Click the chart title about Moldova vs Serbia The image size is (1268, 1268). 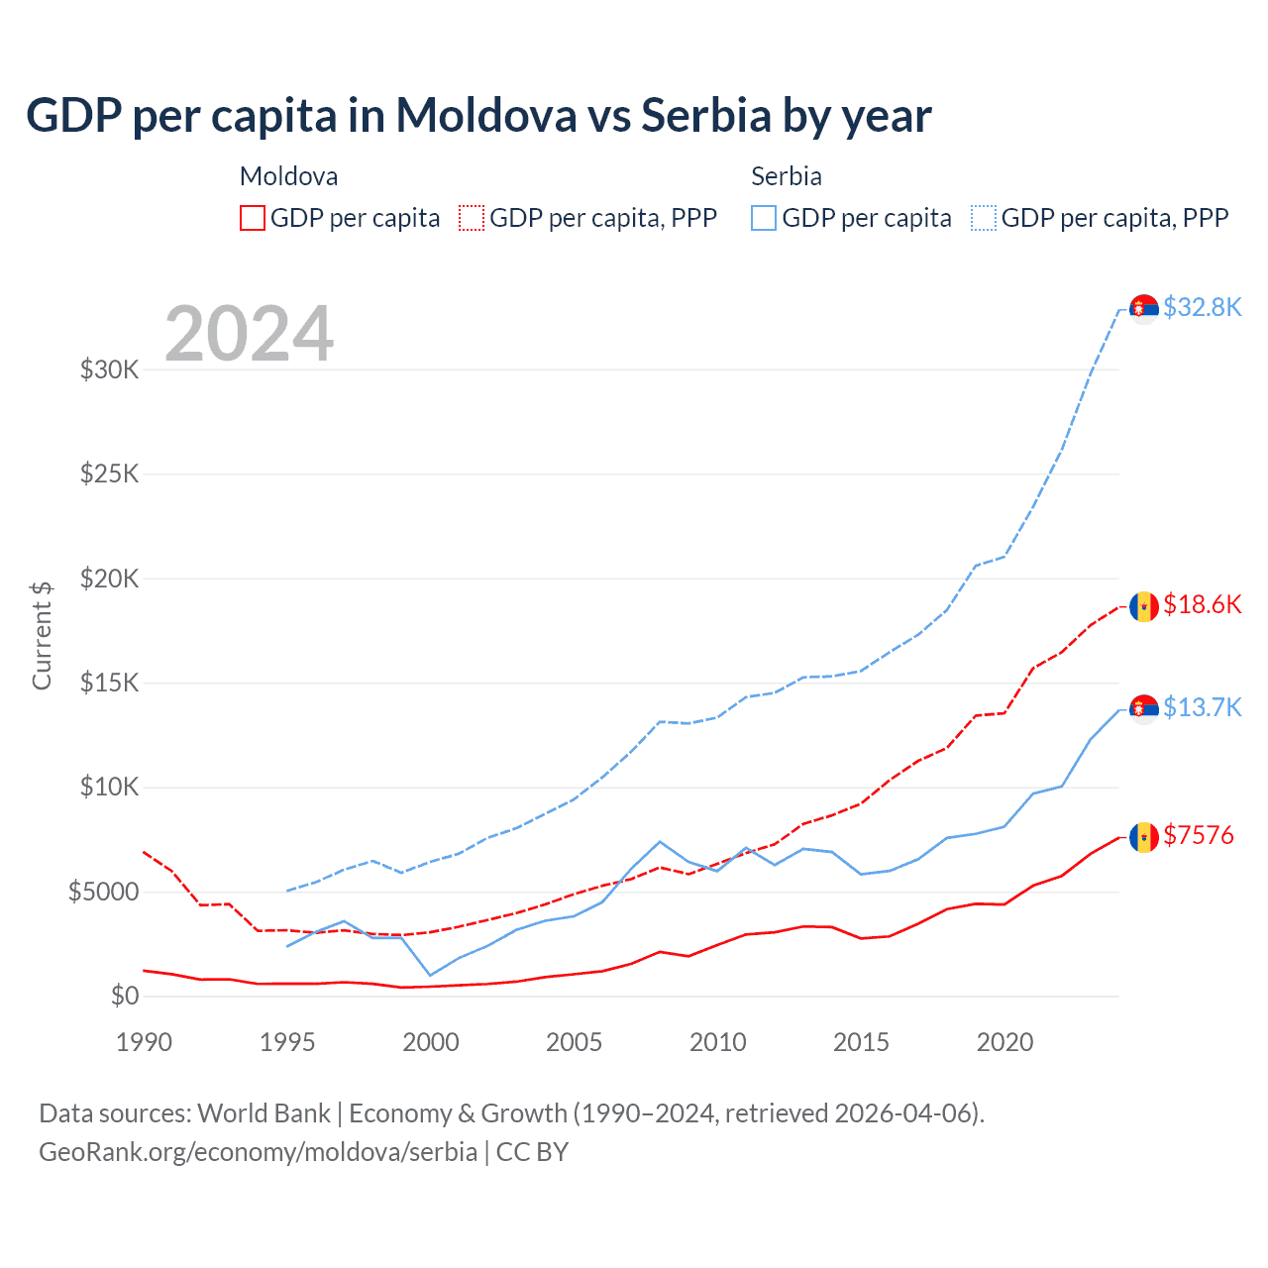click(478, 115)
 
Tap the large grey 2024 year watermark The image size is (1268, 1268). click(249, 334)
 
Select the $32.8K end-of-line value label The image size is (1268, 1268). click(1202, 307)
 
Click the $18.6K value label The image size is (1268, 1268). click(1202, 604)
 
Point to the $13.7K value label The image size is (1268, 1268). click(1202, 707)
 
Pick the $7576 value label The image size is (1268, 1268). click(1199, 835)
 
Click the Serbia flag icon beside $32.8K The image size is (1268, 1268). click(1144, 309)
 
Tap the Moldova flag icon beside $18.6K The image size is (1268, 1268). click(1144, 606)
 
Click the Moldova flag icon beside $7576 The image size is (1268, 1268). click(1144, 837)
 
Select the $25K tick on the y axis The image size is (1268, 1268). click(109, 474)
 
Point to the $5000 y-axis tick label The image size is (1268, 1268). click(103, 892)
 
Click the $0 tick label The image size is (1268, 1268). click(124, 996)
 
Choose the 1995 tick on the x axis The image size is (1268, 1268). click(287, 1042)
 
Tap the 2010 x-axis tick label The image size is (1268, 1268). click(717, 1042)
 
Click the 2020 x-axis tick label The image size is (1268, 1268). click(1004, 1042)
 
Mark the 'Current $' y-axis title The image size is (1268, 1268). click(42, 635)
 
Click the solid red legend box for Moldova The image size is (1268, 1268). click(253, 218)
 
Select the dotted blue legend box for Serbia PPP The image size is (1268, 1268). click(984, 218)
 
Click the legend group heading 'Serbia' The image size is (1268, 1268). click(787, 176)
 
